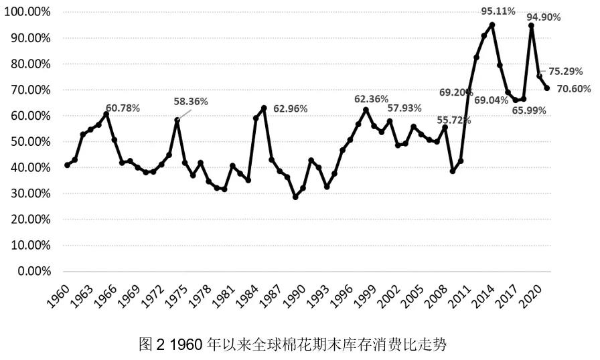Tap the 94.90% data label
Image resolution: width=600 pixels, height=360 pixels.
click(x=542, y=17)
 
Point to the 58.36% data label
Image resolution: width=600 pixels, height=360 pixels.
click(x=191, y=102)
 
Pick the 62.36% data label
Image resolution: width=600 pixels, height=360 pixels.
click(x=372, y=99)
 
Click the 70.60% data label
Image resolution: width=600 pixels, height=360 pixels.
click(x=573, y=88)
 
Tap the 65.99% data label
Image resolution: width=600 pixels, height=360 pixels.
click(x=529, y=110)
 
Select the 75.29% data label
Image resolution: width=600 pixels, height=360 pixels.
click(x=568, y=71)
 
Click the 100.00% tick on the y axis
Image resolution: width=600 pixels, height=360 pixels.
click(x=27, y=13)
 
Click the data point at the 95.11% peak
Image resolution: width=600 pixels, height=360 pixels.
click(x=492, y=25)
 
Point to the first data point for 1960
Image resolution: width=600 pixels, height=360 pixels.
click(x=67, y=165)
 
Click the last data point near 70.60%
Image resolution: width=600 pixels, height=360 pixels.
click(x=547, y=88)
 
